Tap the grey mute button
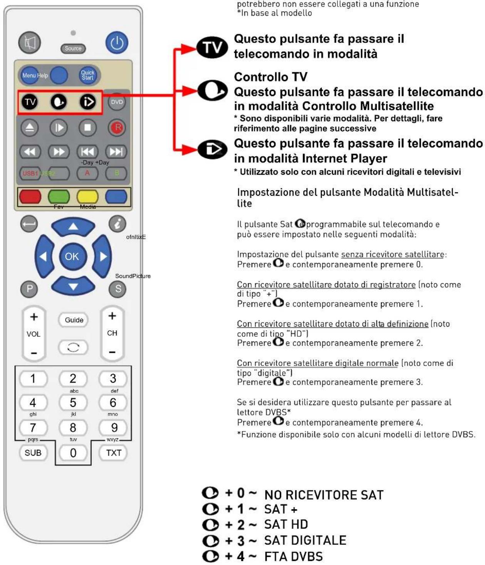(30, 42)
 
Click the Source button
(73, 48)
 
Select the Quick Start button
(87, 75)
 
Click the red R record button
(117, 127)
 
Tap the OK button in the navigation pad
(72, 256)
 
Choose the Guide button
(74, 320)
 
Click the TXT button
(114, 453)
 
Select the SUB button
(33, 453)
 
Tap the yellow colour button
(87, 196)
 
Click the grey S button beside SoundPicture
(118, 289)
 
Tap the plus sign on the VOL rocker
(34, 317)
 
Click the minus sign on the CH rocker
(112, 352)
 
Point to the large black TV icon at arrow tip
(212, 48)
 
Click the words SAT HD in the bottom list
(286, 525)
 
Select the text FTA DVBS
(294, 557)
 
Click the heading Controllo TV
(270, 77)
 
